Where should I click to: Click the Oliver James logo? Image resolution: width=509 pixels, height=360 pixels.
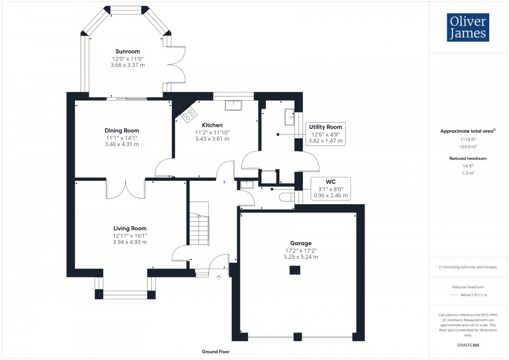(468, 28)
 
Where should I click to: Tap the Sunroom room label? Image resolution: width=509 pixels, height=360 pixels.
(127, 51)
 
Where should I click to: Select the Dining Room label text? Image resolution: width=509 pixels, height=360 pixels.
(122, 130)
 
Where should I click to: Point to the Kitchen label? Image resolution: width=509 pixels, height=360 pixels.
(212, 125)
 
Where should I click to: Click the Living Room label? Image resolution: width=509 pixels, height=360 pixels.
(130, 228)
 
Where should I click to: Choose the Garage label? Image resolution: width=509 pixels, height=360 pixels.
(301, 243)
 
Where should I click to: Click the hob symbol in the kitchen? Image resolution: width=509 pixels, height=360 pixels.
(189, 114)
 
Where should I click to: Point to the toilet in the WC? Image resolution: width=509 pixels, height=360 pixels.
(286, 197)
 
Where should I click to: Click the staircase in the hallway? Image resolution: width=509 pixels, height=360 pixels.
(198, 226)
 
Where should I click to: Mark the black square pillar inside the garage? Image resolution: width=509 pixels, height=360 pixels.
(295, 270)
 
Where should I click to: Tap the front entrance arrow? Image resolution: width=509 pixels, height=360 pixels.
(219, 278)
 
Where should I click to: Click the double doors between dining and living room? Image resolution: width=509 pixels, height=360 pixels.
(126, 189)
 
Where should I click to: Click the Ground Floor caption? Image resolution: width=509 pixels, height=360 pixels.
(216, 352)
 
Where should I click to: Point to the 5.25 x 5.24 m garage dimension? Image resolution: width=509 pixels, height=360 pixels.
(301, 257)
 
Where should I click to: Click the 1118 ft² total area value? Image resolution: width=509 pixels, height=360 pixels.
(468, 140)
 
